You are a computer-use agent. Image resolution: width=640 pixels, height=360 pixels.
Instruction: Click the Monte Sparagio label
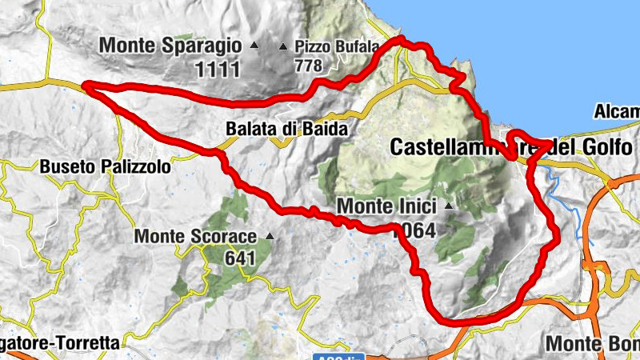pyautogui.click(x=171, y=46)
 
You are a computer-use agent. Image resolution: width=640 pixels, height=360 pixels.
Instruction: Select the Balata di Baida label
pyautogui.click(x=286, y=128)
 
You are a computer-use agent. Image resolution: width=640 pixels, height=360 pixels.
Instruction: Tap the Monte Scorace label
pyautogui.click(x=195, y=237)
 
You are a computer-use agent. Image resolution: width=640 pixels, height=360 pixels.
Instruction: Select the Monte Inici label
pyautogui.click(x=389, y=206)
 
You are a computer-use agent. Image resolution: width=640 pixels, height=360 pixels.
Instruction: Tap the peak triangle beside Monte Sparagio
pyautogui.click(x=254, y=45)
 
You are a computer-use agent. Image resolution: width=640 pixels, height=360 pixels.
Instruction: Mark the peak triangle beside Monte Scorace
pyautogui.click(x=270, y=237)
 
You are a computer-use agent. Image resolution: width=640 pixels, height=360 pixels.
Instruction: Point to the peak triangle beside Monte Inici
pyautogui.click(x=449, y=206)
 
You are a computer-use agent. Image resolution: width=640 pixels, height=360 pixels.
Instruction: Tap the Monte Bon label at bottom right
pyautogui.click(x=593, y=343)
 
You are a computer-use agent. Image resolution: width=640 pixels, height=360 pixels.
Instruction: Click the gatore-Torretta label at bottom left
pyautogui.click(x=60, y=343)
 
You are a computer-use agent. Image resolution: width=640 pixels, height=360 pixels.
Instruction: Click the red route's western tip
pyautogui.click(x=85, y=86)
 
